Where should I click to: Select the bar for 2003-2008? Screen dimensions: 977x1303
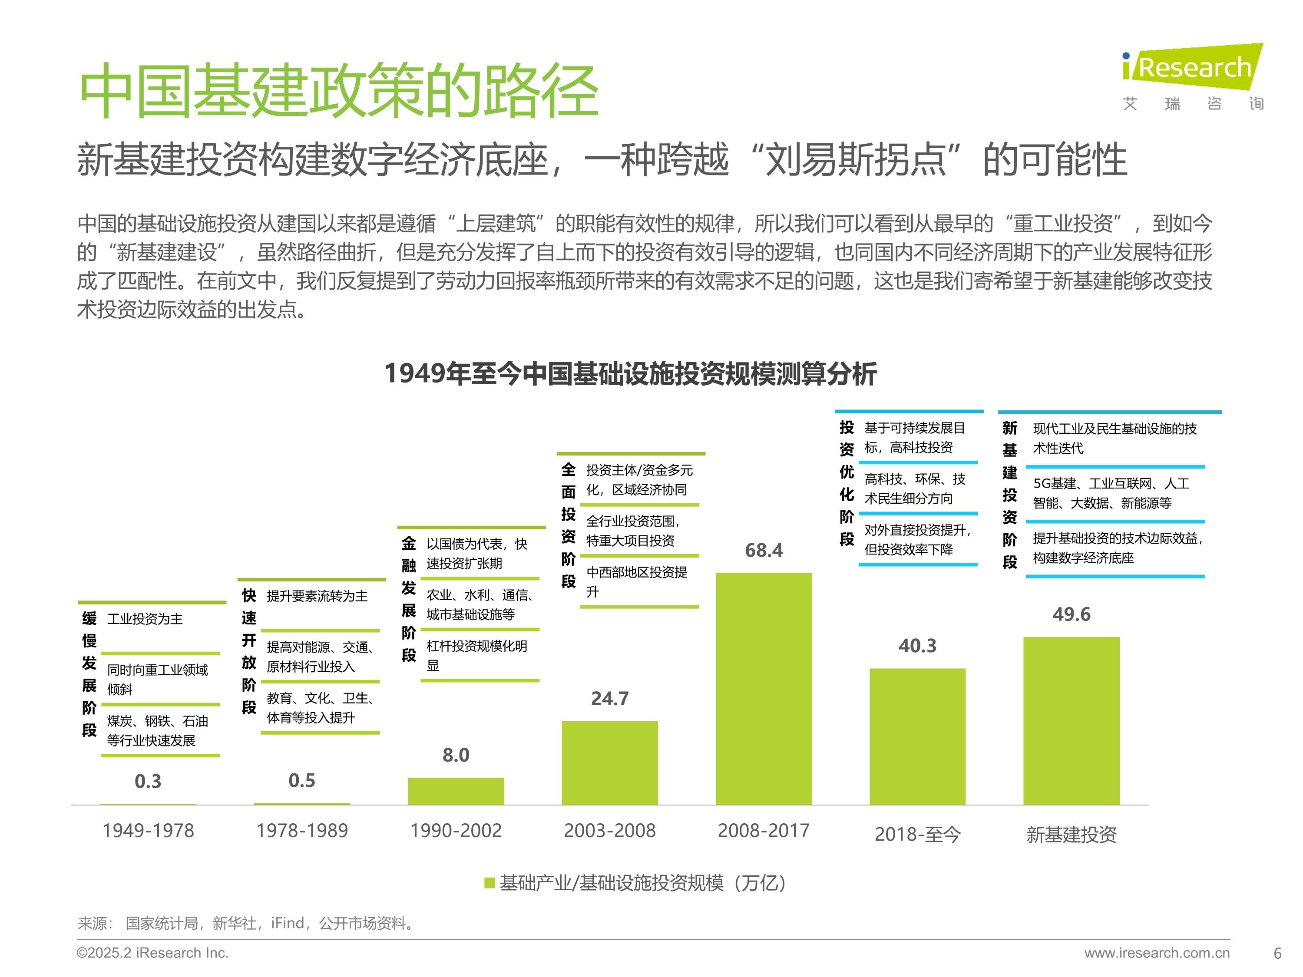(x=610, y=762)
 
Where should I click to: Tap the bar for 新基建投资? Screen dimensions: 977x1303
(x=1071, y=721)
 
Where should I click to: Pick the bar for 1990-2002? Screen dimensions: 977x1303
(x=456, y=791)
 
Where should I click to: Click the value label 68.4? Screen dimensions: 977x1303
(x=764, y=550)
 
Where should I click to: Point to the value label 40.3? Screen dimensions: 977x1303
(x=917, y=645)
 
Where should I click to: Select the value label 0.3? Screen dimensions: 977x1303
(x=148, y=781)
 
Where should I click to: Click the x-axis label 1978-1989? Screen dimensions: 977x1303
(x=301, y=830)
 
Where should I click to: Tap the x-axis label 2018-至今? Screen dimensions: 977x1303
(x=917, y=834)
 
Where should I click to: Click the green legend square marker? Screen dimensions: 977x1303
(x=489, y=883)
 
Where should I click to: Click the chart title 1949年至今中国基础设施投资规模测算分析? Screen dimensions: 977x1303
(x=630, y=373)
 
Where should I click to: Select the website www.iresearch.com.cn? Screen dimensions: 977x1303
(x=1157, y=953)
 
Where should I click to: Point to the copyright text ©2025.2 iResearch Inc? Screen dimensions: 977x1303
(x=152, y=953)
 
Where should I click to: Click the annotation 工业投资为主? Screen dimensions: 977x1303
(x=145, y=619)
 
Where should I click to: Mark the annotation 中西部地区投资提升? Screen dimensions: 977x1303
(x=636, y=581)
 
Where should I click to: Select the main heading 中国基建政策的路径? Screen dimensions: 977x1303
(x=339, y=91)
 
